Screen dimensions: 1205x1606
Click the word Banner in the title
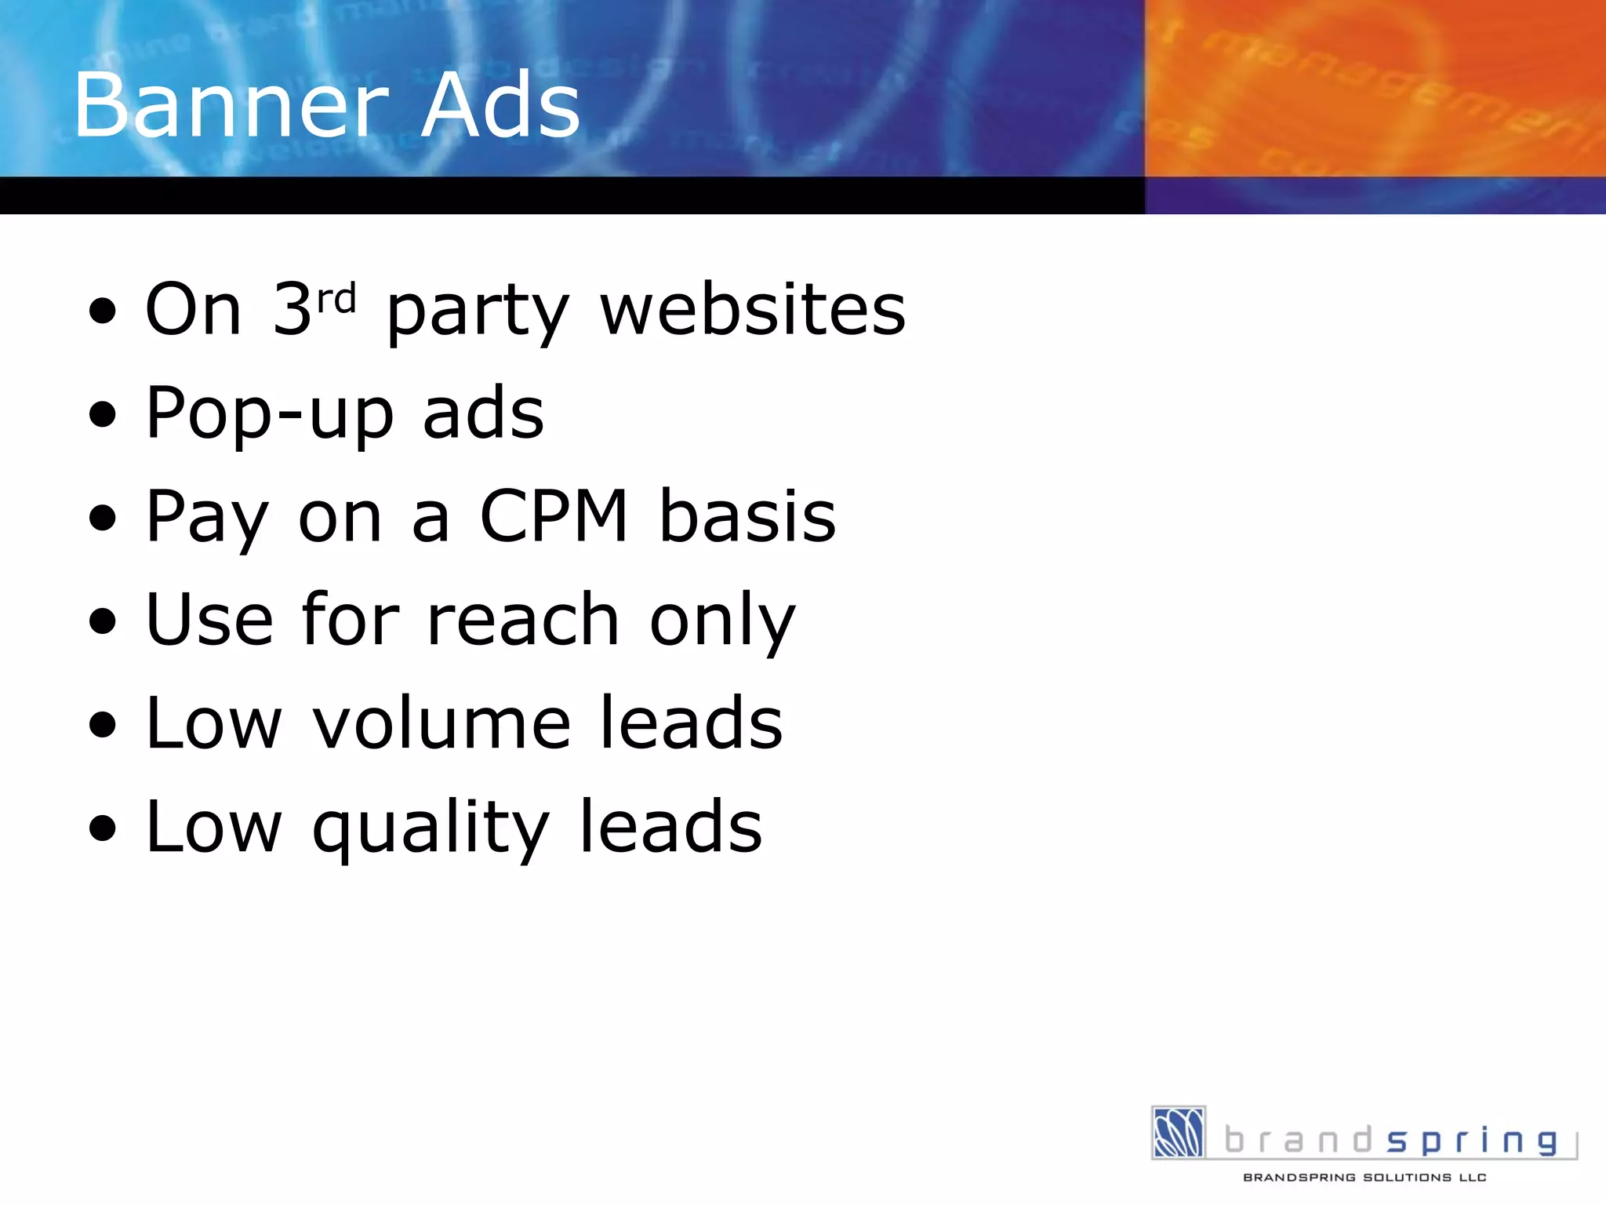[x=231, y=105]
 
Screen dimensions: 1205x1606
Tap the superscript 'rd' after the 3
[x=336, y=298]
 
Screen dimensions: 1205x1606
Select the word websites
[x=753, y=309]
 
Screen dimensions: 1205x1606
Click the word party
[x=478, y=314]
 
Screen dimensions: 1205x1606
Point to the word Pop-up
[x=270, y=414]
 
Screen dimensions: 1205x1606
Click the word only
[x=722, y=624]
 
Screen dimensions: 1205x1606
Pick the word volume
[x=442, y=723]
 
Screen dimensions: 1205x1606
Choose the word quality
[x=431, y=830]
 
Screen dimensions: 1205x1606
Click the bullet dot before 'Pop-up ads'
[x=103, y=414]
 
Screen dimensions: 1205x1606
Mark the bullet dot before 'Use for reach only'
[x=103, y=621]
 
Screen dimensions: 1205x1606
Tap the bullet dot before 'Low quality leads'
[x=103, y=828]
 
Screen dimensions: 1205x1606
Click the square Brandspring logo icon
[x=1178, y=1132]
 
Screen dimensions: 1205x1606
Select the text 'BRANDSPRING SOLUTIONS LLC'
[x=1364, y=1178]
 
